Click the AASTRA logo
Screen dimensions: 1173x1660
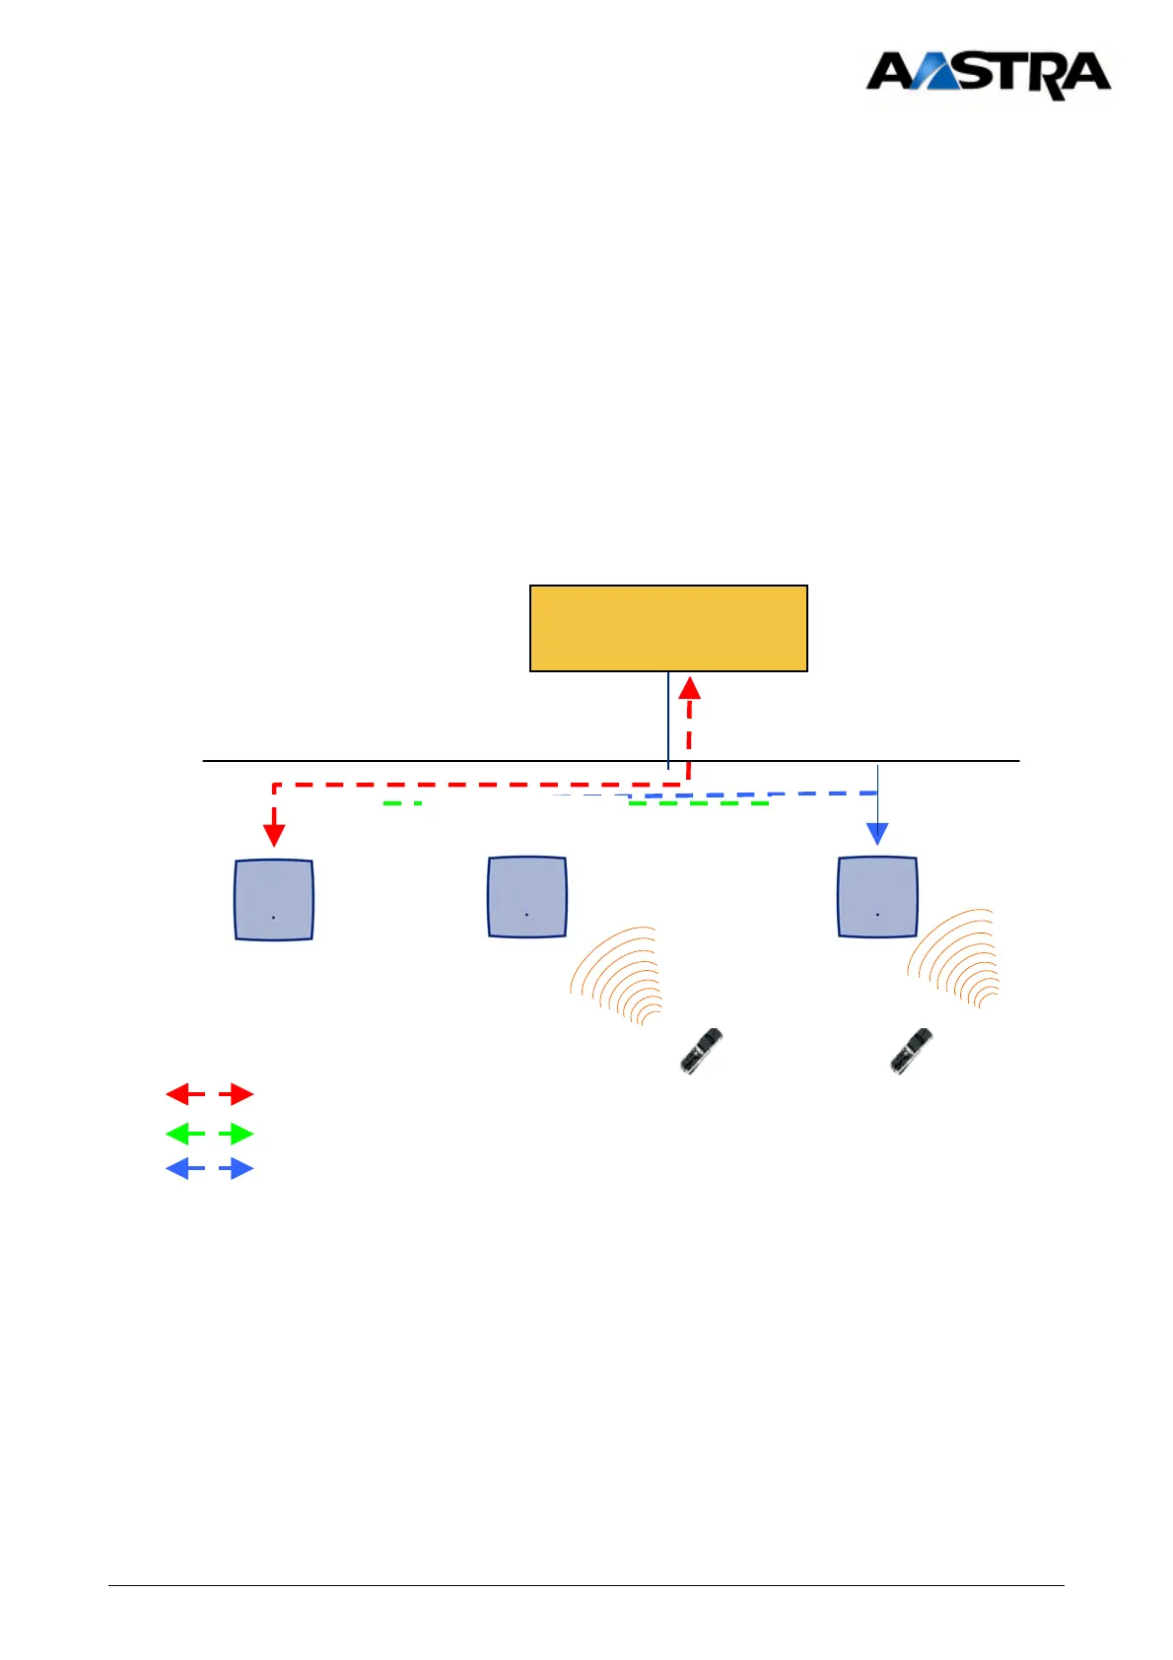[988, 75]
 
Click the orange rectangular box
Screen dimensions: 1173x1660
[668, 628]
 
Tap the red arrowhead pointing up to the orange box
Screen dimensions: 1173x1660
[691, 687]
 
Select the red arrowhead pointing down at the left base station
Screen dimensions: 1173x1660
[274, 834]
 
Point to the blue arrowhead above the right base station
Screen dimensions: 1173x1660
[876, 833]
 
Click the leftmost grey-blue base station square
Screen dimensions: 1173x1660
[274, 899]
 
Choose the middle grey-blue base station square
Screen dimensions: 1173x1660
[527, 896]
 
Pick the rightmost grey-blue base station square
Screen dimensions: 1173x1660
[877, 896]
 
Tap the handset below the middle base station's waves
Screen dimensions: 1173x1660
[701, 1050]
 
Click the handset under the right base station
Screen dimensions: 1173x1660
[911, 1051]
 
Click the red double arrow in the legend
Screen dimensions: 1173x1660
[209, 1094]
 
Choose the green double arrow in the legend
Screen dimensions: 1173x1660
[209, 1134]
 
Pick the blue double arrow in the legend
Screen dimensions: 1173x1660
[209, 1169]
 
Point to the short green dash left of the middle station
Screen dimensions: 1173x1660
[402, 804]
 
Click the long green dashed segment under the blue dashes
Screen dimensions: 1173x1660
[698, 804]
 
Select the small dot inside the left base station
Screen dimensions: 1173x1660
[273, 918]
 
